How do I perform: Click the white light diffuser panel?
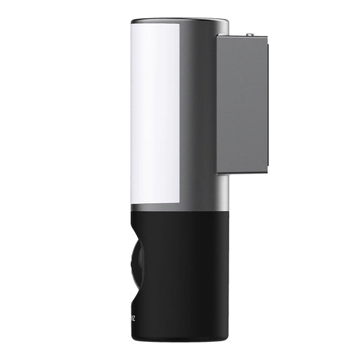tap(155, 112)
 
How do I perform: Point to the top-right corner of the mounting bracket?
tap(268, 37)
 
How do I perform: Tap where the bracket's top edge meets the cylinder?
tap(217, 37)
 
